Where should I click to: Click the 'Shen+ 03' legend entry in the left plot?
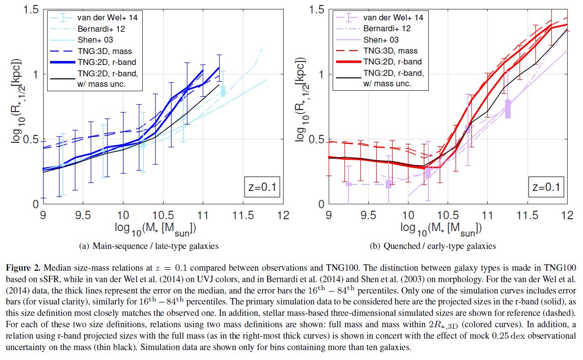pyautogui.click(x=98, y=40)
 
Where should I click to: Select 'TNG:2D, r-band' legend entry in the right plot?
pyautogui.click(x=392, y=62)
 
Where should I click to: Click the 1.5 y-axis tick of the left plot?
pyautogui.click(x=32, y=10)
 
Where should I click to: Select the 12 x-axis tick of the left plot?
pyautogui.click(x=284, y=216)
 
